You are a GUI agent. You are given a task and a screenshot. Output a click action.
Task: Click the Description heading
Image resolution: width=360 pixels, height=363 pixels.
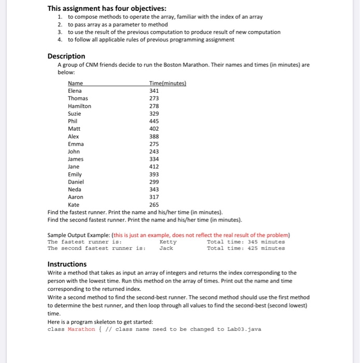point(66,56)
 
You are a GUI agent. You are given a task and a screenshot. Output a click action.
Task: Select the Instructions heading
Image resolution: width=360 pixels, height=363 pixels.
point(67,264)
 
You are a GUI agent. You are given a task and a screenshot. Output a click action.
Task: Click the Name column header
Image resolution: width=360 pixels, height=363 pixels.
point(75,83)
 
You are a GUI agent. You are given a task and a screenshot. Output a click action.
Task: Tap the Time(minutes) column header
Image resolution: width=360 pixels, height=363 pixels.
point(167,83)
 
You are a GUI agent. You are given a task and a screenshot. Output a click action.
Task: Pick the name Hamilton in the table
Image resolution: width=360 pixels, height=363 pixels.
point(79,106)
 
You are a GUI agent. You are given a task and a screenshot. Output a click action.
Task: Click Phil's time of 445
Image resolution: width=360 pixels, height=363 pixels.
point(154,121)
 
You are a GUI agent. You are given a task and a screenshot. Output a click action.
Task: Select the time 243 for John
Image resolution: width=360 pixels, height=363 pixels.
point(154,151)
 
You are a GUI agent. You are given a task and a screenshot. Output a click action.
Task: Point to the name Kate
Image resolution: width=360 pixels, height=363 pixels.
point(74,204)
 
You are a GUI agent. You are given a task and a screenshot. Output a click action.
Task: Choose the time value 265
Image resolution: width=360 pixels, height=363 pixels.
point(154,204)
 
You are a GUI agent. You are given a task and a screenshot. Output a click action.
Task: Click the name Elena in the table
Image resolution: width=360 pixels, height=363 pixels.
point(75,91)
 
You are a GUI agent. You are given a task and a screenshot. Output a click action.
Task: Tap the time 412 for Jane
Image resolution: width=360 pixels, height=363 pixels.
point(154,166)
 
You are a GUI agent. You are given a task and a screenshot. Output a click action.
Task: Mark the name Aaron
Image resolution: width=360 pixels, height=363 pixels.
point(75,197)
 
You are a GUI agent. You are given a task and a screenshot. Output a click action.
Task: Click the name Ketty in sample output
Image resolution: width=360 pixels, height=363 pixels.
point(168,242)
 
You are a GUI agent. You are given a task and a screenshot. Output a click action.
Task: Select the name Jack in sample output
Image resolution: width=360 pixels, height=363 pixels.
point(166,248)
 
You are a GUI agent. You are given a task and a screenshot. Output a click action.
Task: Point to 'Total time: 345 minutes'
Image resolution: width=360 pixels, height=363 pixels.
point(245,242)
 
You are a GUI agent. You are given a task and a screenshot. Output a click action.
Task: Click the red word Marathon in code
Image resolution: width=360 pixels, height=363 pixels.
point(81,329)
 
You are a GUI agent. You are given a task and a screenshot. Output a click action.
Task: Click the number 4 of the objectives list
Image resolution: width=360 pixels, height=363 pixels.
point(60,39)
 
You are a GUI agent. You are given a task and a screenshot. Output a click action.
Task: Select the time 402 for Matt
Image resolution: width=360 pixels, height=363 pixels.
point(154,129)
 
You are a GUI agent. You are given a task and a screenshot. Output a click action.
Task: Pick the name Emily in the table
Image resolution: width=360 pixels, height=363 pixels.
point(75,174)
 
